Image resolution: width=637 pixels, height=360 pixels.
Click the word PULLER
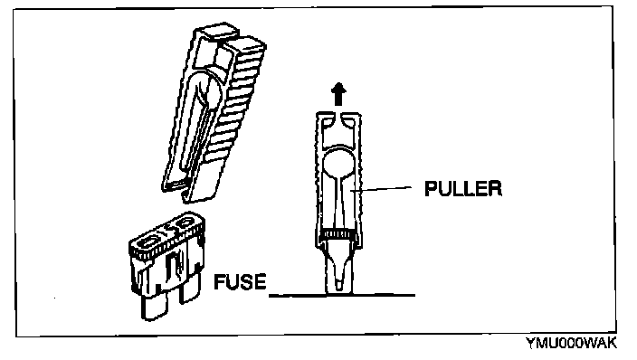(x=463, y=188)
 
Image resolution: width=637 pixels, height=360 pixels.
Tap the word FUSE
(x=240, y=281)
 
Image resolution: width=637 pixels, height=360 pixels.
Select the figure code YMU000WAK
(x=572, y=344)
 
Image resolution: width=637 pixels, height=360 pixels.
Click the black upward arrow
(x=338, y=94)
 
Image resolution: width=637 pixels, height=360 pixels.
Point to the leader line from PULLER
(x=381, y=188)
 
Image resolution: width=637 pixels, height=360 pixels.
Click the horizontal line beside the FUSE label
(x=342, y=295)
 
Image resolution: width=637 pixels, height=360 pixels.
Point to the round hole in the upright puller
(x=338, y=163)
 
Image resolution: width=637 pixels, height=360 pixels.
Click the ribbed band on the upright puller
(x=338, y=234)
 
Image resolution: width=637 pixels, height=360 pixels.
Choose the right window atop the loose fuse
(x=184, y=223)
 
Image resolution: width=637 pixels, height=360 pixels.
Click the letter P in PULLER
(x=430, y=188)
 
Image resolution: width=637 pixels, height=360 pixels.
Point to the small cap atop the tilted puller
(x=216, y=32)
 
